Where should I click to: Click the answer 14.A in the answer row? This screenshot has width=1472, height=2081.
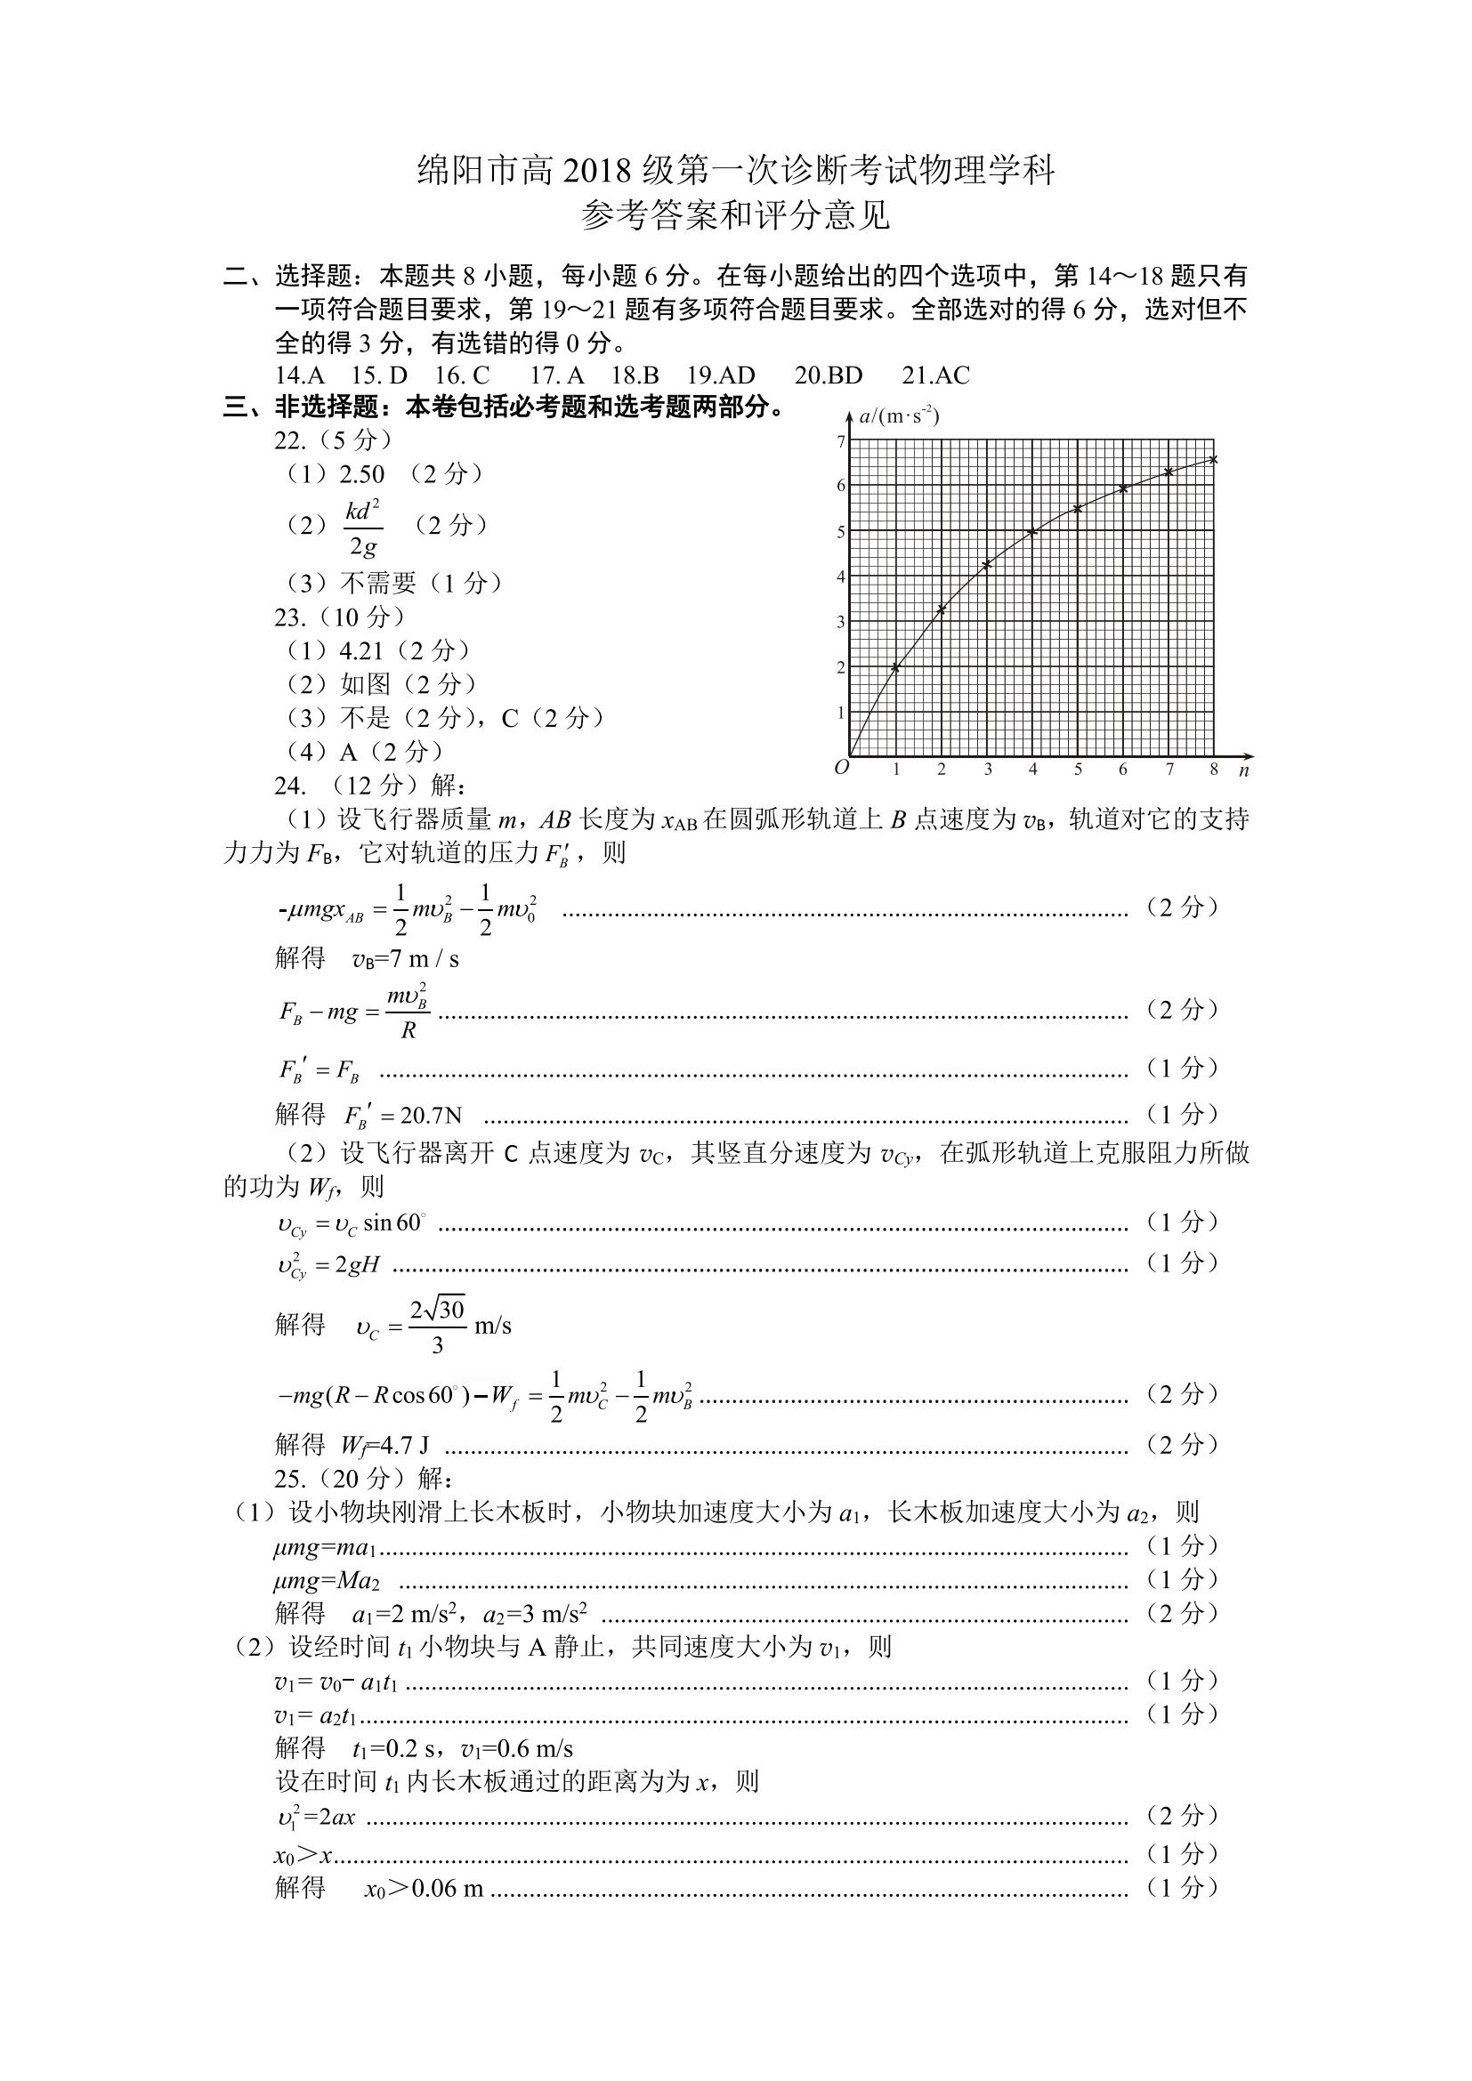pyautogui.click(x=300, y=375)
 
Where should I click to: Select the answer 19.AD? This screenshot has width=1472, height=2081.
pyautogui.click(x=721, y=375)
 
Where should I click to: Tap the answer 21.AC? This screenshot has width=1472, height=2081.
pyautogui.click(x=935, y=375)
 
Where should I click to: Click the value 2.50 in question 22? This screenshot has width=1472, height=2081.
pyautogui.click(x=361, y=474)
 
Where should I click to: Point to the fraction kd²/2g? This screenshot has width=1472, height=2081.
pyautogui.click(x=362, y=527)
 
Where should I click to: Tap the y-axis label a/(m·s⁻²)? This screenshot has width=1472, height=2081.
pyautogui.click(x=898, y=416)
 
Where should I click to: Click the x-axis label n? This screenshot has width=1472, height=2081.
pyautogui.click(x=1243, y=770)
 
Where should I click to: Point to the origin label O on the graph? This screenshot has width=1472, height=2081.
pyautogui.click(x=841, y=768)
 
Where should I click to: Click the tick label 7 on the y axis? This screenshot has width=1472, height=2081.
pyautogui.click(x=841, y=442)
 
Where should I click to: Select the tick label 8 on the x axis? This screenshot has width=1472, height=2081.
pyautogui.click(x=1214, y=770)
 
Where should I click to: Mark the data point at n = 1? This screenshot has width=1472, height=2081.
pyautogui.click(x=896, y=667)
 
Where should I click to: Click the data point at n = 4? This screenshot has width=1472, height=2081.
pyautogui.click(x=1032, y=532)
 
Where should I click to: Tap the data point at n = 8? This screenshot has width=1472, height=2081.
pyautogui.click(x=1214, y=459)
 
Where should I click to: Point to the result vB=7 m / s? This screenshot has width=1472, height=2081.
pyautogui.click(x=405, y=959)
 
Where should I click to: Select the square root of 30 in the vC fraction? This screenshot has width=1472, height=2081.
pyautogui.click(x=447, y=1310)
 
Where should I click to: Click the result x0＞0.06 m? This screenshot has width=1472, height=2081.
pyautogui.click(x=424, y=1889)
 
